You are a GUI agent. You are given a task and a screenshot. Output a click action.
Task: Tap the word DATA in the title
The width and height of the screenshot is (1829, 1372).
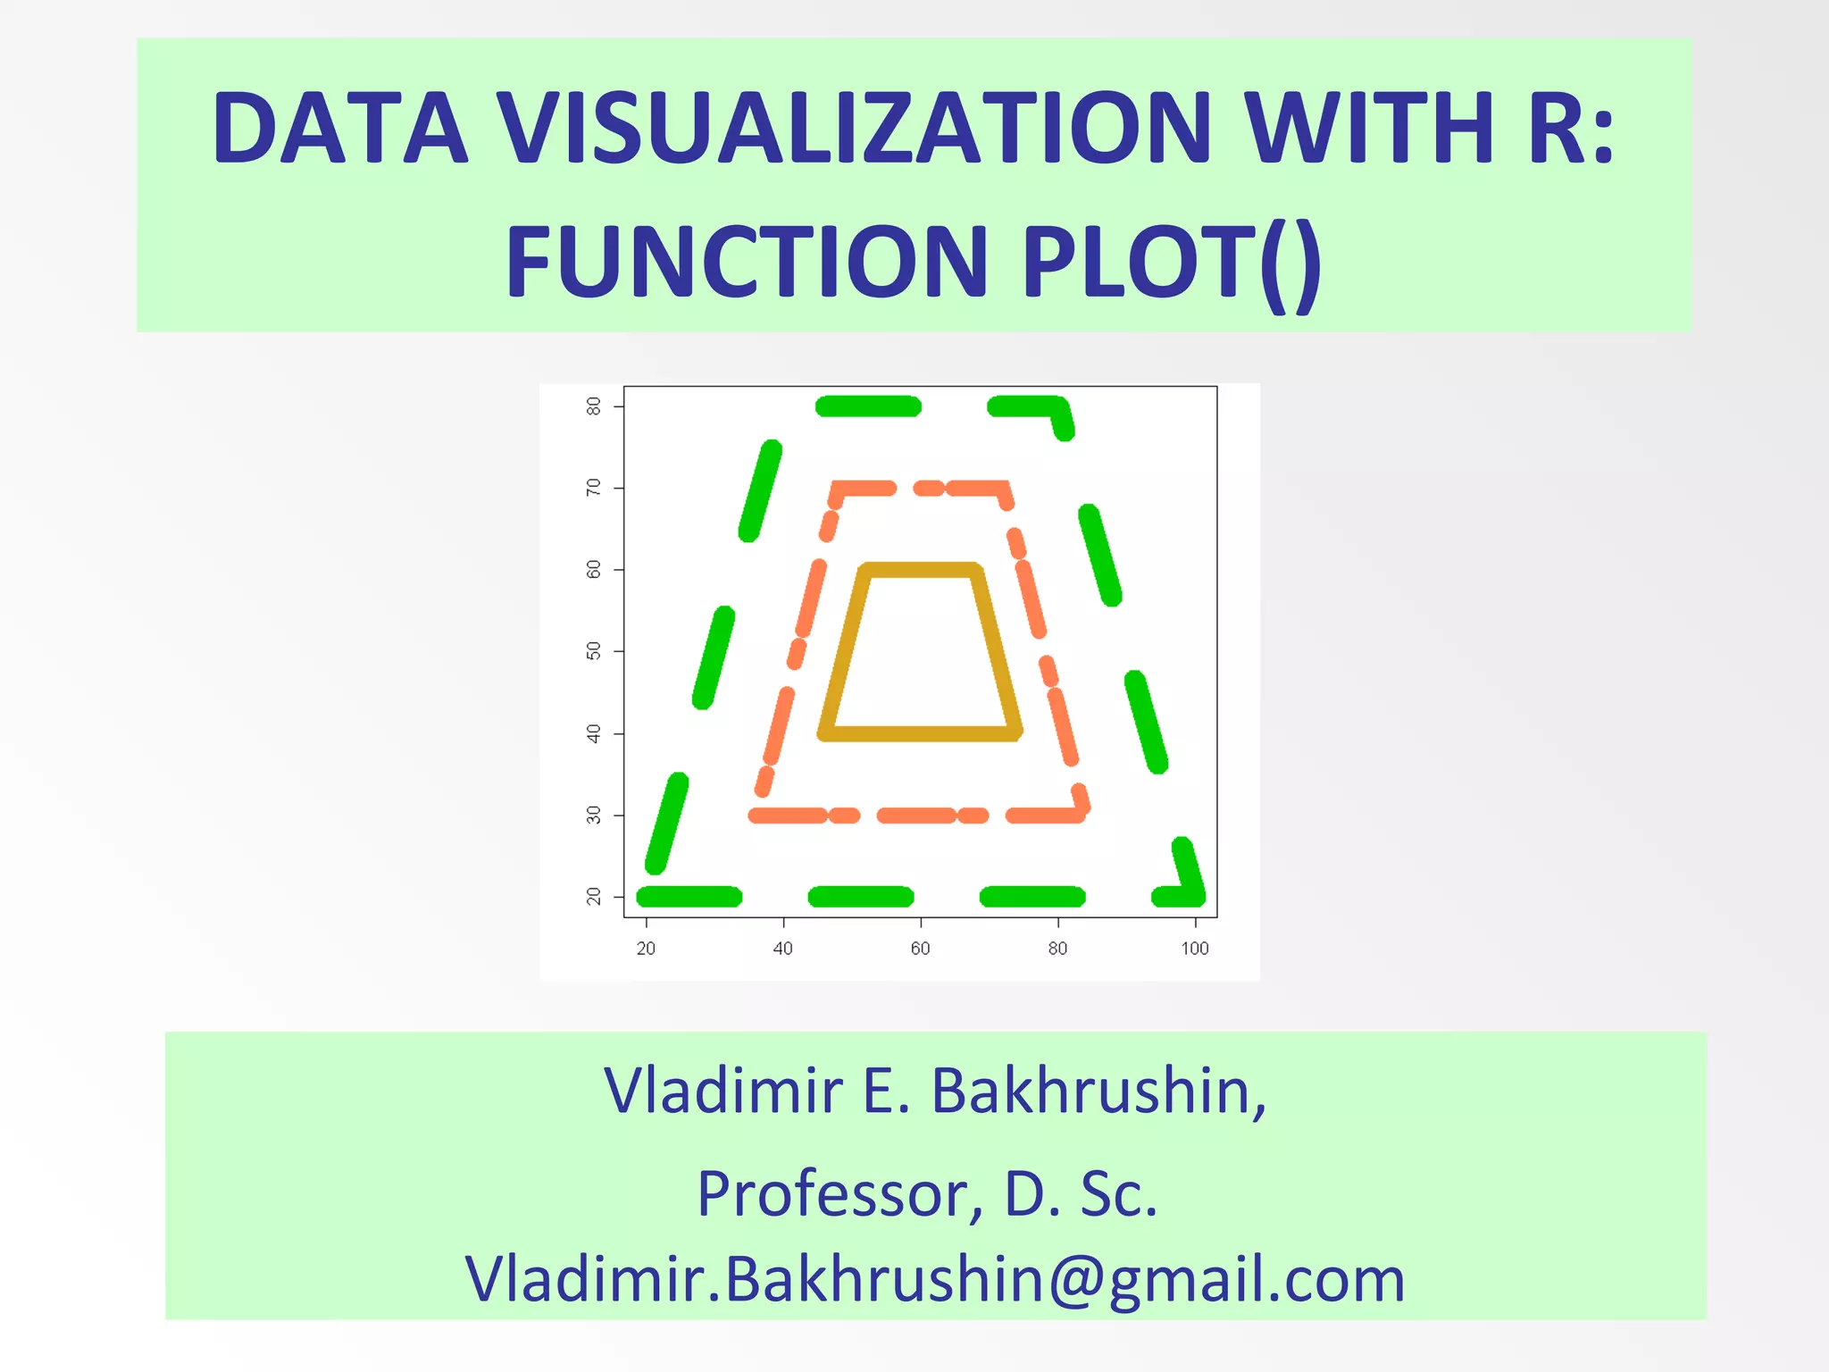point(340,127)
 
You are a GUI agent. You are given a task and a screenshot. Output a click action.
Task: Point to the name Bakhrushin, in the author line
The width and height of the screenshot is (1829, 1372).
point(1098,1091)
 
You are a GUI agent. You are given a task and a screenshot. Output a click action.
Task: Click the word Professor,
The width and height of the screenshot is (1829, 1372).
point(840,1193)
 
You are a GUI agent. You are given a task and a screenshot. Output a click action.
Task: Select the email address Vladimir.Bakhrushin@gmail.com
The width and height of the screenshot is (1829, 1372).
point(935,1278)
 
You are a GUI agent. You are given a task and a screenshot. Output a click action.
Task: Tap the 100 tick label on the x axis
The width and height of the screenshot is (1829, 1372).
point(1194,949)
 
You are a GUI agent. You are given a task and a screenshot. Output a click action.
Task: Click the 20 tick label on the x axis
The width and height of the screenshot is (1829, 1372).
point(646,949)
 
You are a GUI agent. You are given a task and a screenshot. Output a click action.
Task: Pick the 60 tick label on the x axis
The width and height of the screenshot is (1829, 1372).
point(920,949)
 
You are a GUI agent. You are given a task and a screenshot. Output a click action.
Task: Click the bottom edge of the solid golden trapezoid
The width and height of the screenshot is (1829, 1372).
point(920,733)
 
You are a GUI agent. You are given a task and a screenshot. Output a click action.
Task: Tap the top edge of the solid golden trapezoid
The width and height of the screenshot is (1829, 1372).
point(920,570)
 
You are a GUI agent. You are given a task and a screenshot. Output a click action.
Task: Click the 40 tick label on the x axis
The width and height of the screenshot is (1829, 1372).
point(782,949)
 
